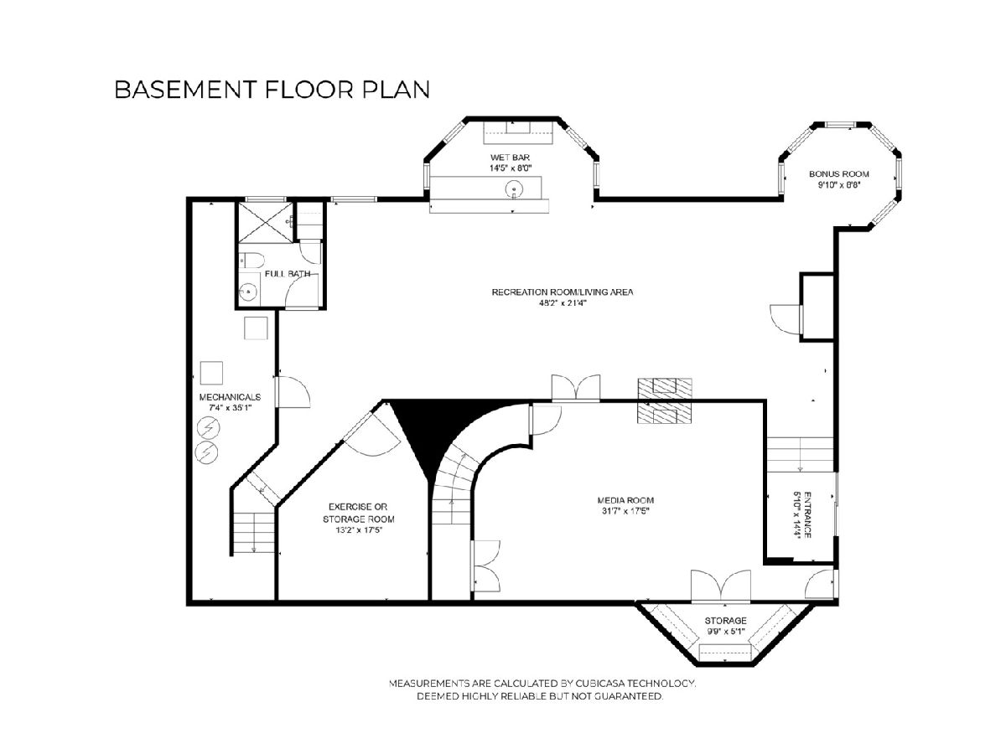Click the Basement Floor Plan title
point(272,90)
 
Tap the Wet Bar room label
point(510,158)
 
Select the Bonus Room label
point(838,174)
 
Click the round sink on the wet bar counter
point(514,188)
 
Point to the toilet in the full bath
point(251,261)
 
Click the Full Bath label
point(288,274)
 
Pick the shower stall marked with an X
point(266,223)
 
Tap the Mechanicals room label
point(230,397)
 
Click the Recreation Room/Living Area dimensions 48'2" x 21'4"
point(563,302)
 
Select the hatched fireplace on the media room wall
point(665,400)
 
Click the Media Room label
point(625,500)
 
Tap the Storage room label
point(725,621)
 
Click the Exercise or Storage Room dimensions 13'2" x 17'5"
point(359,530)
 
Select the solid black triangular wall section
point(440,431)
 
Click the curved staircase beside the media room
point(454,485)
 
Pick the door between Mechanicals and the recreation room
point(293,391)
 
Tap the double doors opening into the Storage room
point(720,586)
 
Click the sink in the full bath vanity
point(248,291)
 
